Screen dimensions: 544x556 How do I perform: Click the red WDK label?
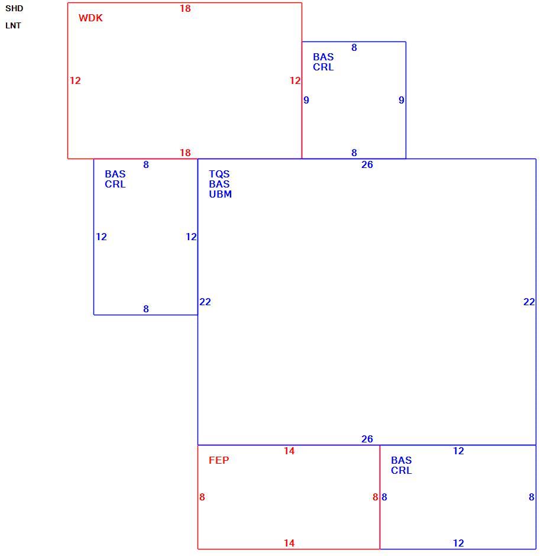(90, 18)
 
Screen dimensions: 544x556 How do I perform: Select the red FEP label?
(219, 460)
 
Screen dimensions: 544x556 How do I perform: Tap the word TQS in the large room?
(219, 174)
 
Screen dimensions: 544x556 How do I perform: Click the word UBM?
(220, 195)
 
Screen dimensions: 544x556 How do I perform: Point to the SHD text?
(14, 8)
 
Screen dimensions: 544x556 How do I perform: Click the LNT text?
(13, 25)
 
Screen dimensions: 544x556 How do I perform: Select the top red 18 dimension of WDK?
(185, 8)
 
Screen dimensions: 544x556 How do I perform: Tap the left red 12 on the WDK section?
(75, 80)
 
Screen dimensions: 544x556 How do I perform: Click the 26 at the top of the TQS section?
(367, 164)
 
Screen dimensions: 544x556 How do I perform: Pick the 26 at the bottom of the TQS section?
(367, 439)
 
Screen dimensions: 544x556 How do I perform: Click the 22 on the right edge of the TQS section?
(529, 302)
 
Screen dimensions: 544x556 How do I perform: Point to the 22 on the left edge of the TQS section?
(205, 302)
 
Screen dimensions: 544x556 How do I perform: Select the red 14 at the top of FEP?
(289, 451)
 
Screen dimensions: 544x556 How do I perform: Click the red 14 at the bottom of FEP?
(289, 543)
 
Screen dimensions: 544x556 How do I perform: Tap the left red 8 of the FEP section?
(202, 497)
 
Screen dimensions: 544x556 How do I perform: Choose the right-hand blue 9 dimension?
(401, 100)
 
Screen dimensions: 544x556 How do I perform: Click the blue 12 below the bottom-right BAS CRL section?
(458, 543)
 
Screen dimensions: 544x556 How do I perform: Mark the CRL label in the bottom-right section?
(401, 471)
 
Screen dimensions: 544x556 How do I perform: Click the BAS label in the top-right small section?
(323, 57)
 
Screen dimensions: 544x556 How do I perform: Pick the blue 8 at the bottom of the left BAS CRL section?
(146, 309)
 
